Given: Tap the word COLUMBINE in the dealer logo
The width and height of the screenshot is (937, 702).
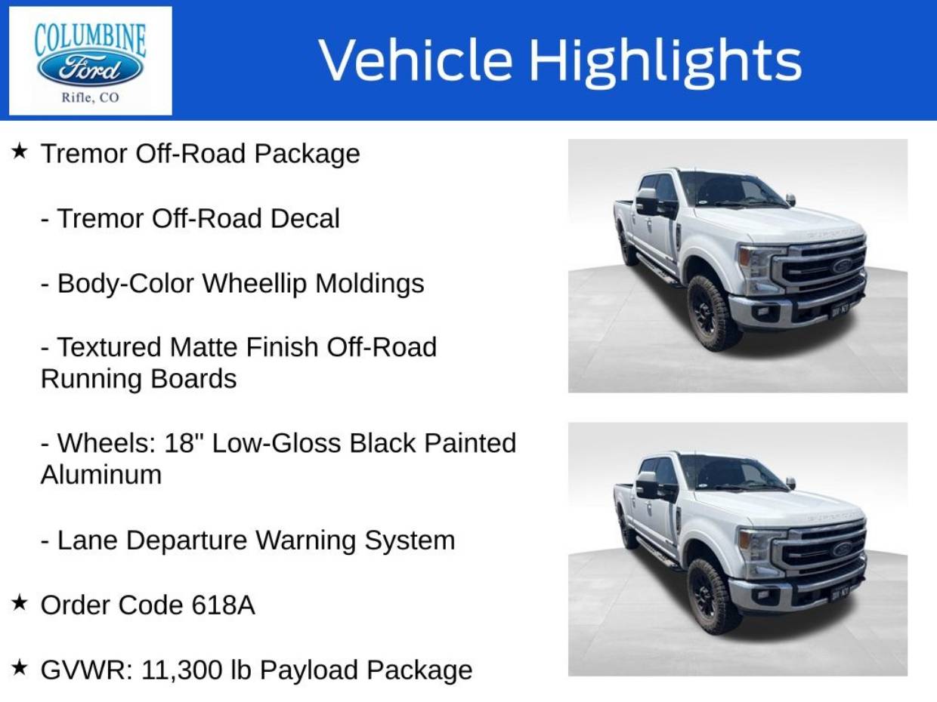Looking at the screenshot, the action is tap(90, 40).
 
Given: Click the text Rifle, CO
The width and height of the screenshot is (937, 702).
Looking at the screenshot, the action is tap(90, 98).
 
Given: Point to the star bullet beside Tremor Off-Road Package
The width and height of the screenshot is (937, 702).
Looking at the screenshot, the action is tap(19, 151).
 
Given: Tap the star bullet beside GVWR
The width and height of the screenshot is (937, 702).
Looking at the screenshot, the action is tap(19, 667).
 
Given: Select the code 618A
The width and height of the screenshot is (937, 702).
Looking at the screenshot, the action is tap(223, 605).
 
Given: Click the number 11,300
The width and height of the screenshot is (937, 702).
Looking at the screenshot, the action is tap(181, 670).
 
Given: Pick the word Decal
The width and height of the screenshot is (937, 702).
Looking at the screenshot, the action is tap(305, 218).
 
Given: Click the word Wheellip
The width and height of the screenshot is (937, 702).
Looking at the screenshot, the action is tap(254, 284).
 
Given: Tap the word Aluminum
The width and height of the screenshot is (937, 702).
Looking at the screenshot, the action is tap(101, 474).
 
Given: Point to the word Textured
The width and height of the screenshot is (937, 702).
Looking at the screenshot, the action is tap(109, 347).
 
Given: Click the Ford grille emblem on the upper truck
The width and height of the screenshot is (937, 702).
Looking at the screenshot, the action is tap(842, 266).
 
